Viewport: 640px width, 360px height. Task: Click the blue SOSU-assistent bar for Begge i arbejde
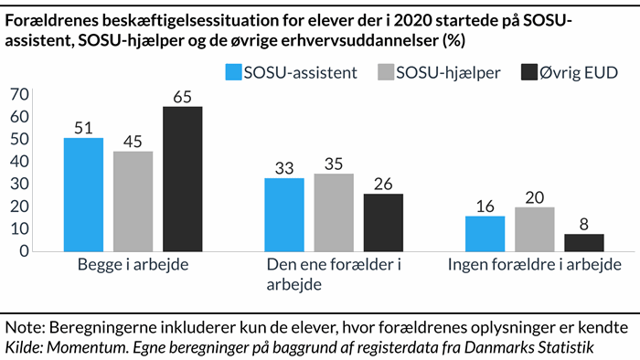click(x=83, y=195)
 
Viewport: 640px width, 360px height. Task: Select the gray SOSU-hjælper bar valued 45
click(x=133, y=201)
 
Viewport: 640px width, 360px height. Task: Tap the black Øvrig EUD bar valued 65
click(x=183, y=179)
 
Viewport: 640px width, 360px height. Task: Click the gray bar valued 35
click(x=334, y=212)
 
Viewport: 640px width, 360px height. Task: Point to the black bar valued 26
click(x=383, y=222)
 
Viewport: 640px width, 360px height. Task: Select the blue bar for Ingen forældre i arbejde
click(x=485, y=234)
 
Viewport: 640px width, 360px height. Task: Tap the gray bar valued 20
click(x=534, y=229)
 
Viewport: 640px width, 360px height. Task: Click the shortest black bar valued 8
click(x=583, y=242)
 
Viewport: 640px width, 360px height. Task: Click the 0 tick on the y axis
click(x=24, y=251)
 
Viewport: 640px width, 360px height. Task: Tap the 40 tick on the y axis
click(x=18, y=162)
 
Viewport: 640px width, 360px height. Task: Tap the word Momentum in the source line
click(x=88, y=346)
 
